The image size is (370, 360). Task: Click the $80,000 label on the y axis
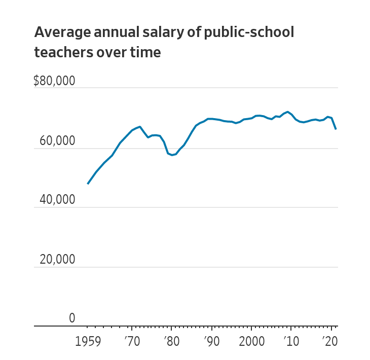pos(54,81)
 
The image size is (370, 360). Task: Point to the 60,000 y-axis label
pos(57,140)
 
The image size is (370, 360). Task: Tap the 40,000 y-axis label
pos(57,200)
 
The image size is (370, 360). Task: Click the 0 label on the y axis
pos(72,318)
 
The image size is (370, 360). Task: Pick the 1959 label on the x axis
pos(88,341)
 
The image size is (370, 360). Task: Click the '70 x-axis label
pos(132,341)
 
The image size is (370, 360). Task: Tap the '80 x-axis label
pos(172,341)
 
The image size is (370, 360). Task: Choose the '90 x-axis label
pos(212,341)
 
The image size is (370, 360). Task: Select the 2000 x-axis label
pos(251,341)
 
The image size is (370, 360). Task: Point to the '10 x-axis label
pos(291,341)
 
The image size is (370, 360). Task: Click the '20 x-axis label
pos(331,341)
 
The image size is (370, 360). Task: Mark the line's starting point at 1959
pos(88,184)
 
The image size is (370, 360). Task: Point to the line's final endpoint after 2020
pos(336,129)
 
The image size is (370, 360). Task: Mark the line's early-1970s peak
pos(140,127)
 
